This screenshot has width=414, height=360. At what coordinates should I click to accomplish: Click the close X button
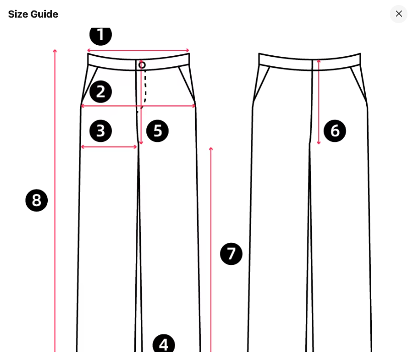point(399,14)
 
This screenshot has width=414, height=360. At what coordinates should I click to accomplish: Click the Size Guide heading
point(33,14)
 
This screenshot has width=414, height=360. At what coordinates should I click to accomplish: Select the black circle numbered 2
point(101,92)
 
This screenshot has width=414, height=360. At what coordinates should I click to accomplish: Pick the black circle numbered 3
point(101,131)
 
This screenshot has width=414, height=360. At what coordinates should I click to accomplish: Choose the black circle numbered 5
point(157,131)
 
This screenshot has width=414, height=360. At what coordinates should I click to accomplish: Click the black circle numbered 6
point(335,131)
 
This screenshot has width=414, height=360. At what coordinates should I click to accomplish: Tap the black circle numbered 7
point(231,254)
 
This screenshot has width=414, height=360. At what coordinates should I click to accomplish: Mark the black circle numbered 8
point(37,200)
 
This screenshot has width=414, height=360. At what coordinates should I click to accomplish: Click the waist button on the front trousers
point(142,65)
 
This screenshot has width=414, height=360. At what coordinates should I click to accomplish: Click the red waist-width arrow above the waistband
point(138,50)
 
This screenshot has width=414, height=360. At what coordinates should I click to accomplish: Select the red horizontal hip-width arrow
point(138,106)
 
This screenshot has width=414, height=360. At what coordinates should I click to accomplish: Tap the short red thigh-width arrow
point(109,147)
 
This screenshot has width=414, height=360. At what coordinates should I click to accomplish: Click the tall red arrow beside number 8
point(55,201)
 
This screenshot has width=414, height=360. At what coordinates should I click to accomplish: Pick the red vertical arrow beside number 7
point(211,250)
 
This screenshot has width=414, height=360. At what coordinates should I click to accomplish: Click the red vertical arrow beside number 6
point(319,102)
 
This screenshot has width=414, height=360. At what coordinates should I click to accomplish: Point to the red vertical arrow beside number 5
point(141,102)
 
